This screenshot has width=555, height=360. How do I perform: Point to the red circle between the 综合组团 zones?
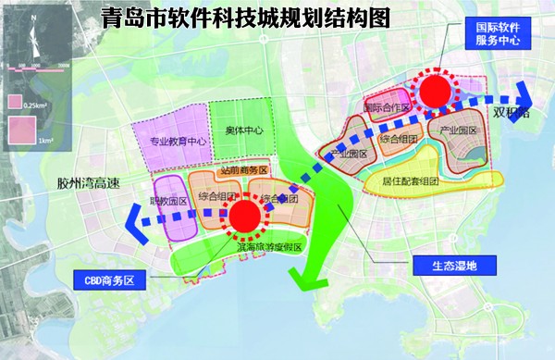tap(245, 217)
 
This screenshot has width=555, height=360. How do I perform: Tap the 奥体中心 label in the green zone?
tap(244, 130)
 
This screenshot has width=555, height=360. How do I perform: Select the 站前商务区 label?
tap(243, 171)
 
